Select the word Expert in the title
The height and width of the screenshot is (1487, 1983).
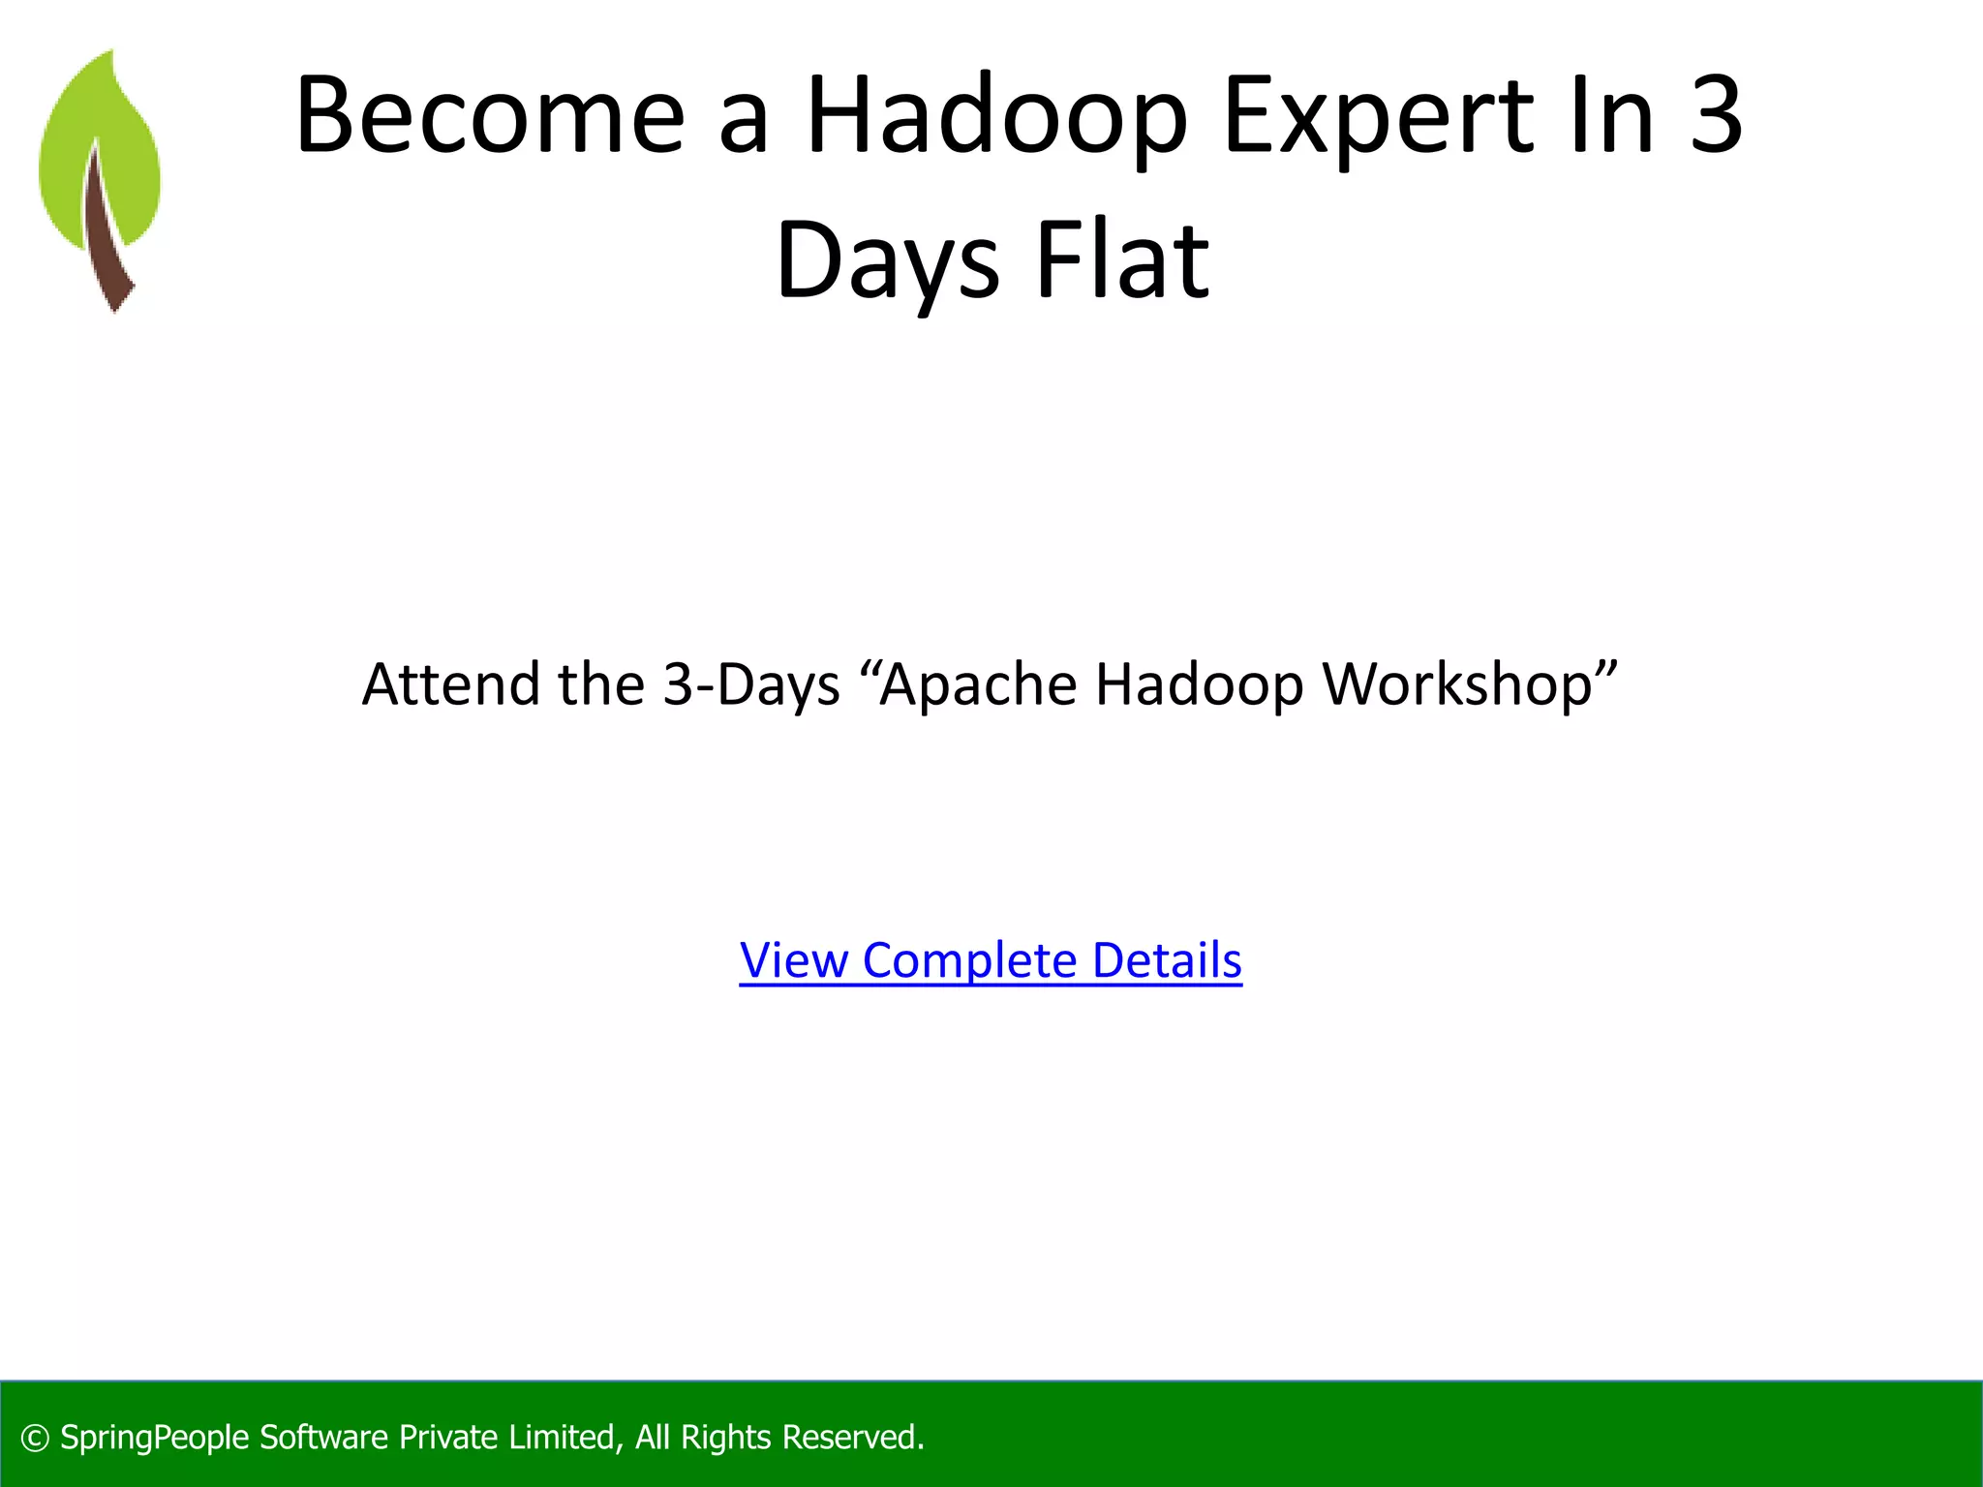1379,116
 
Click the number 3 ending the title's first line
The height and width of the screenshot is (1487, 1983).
1715,116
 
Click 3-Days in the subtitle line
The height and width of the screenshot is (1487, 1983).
750,684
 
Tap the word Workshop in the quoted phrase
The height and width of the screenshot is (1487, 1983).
1457,684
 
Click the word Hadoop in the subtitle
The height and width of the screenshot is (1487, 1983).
1199,684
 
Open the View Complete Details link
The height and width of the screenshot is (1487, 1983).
991,960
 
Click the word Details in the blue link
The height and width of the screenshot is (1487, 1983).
1166,960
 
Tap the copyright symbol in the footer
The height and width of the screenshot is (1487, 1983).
35,1439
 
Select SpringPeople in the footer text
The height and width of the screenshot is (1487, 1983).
155,1438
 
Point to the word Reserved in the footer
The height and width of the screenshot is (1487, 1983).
852,1438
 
